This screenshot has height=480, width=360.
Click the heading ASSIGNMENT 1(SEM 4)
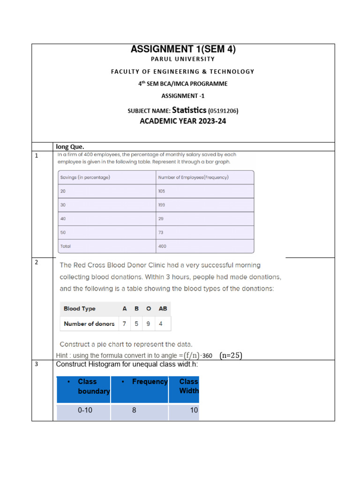point(183,49)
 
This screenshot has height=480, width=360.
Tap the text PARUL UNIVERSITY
point(183,59)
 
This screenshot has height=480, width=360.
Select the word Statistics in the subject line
point(189,110)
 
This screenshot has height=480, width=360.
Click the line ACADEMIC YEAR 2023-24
point(183,121)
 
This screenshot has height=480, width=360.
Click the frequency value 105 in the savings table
point(162,191)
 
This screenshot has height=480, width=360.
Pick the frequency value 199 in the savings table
point(162,205)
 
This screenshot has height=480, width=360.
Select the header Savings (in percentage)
point(85,177)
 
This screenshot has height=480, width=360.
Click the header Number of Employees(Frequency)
point(194,177)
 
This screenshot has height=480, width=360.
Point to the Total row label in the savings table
point(66,246)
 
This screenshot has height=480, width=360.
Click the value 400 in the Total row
point(162,246)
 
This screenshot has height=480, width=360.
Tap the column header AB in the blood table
point(162,308)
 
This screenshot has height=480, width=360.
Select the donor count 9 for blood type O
point(149,323)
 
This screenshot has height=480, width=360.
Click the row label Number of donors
point(89,323)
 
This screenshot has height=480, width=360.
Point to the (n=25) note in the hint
point(231,355)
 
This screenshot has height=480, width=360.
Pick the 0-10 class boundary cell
point(86,410)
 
